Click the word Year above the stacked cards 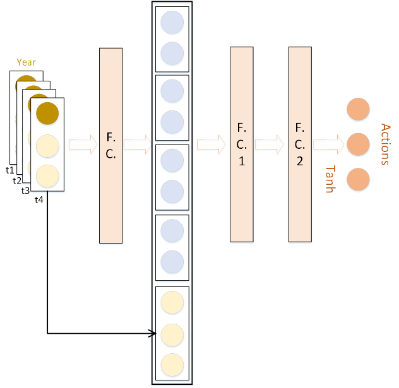[x=27, y=62]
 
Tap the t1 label [x=9, y=170]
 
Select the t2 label [x=17, y=180]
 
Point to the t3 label [x=25, y=191]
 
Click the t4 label [x=39, y=199]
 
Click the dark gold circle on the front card [x=47, y=114]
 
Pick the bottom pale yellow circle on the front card [x=47, y=175]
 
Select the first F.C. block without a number [x=110, y=146]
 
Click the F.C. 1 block [x=242, y=144]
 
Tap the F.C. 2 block [x=300, y=144]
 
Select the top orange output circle [x=358, y=109]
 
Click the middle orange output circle [x=358, y=144]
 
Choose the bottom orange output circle [x=358, y=179]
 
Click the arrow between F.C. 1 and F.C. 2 [x=270, y=144]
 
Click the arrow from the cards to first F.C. [x=82, y=145]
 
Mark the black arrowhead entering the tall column [x=153, y=333]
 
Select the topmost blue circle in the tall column [x=172, y=23]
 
